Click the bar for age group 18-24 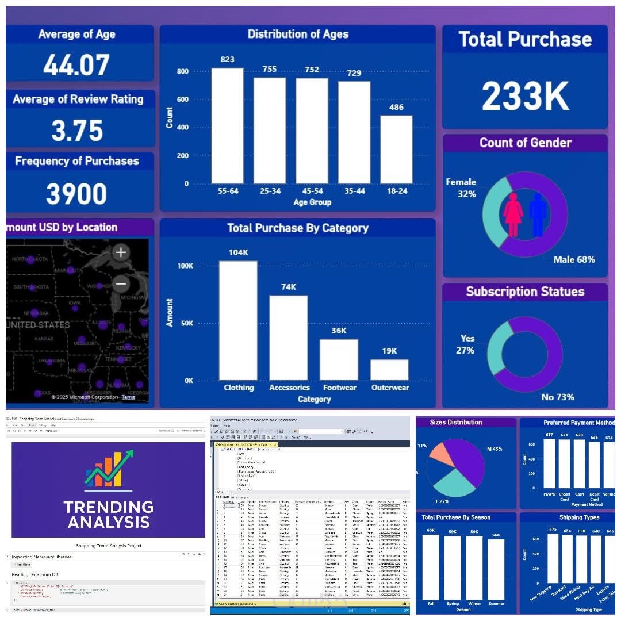(396, 149)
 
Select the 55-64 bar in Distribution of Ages (227, 126)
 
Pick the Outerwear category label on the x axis (389, 388)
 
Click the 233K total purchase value (525, 96)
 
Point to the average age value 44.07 (76, 65)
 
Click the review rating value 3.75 (77, 130)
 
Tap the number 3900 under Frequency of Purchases (76, 194)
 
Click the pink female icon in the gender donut (513, 214)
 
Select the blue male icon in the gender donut (538, 214)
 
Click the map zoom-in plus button (121, 252)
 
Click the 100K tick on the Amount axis (185, 266)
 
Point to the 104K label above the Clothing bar (238, 253)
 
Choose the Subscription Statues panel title (525, 292)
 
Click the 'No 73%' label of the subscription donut (557, 397)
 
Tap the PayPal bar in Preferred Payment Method (550, 463)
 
